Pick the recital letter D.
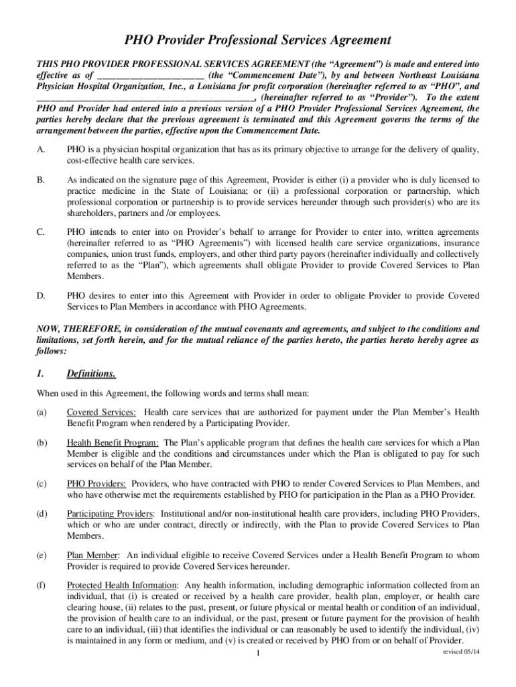tap(41, 295)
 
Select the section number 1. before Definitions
tap(40, 374)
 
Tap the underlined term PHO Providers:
tap(96, 483)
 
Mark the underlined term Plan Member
tap(93, 555)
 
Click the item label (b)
tap(42, 443)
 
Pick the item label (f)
tap(42, 586)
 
